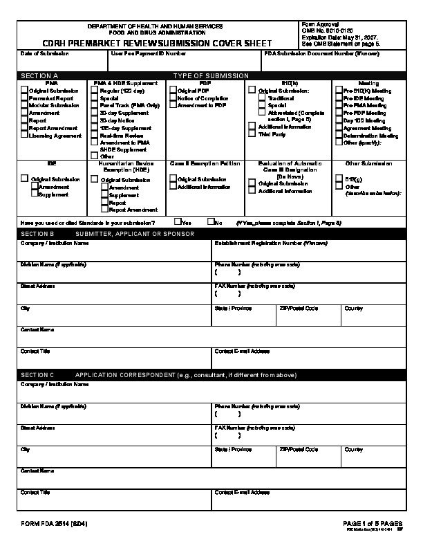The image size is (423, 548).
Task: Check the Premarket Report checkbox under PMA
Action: [25, 98]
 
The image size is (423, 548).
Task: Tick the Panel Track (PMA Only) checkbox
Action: [95, 105]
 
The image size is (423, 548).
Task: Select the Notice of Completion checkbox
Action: [173, 98]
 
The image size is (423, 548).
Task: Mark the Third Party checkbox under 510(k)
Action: [252, 134]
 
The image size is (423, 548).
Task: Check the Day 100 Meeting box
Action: [339, 120]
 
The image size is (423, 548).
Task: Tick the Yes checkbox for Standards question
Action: [178, 222]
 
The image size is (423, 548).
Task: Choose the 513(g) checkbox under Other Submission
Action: [339, 179]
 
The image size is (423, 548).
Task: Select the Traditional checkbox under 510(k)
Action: [263, 98]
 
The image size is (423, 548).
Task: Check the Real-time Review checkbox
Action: [95, 135]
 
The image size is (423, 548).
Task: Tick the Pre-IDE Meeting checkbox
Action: [339, 98]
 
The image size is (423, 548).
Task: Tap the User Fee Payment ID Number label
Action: [149, 53]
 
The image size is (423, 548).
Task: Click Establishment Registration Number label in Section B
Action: [261, 244]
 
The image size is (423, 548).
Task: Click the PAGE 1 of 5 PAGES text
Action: [373, 523]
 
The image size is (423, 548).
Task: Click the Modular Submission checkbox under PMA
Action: [25, 105]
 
